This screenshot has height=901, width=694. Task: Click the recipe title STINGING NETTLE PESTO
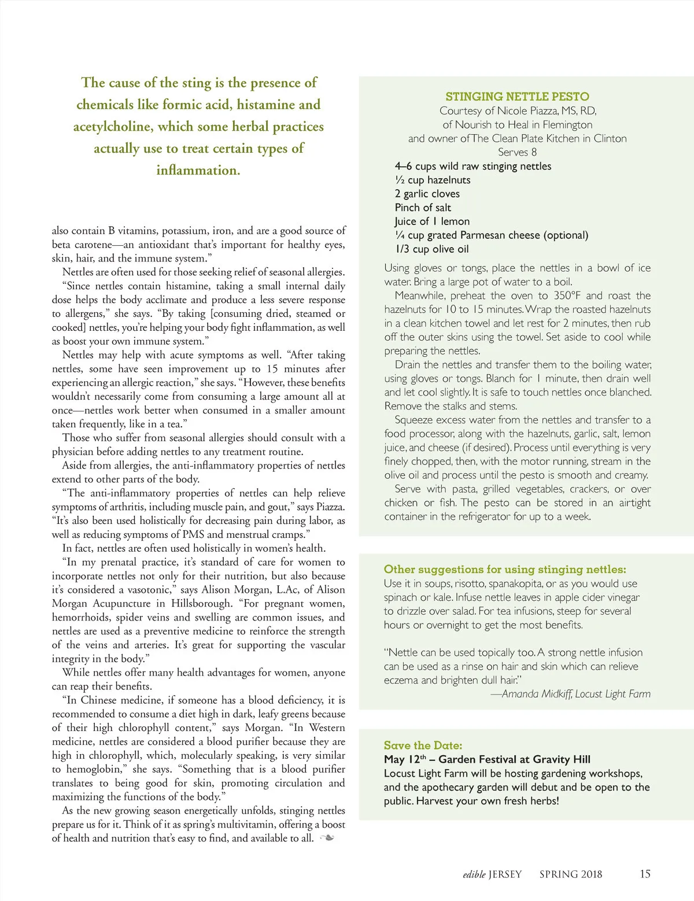(517, 97)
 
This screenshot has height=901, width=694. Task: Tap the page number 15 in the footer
(645, 874)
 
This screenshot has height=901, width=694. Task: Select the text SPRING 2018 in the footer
(570, 874)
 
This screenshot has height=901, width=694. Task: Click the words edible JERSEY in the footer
(492, 874)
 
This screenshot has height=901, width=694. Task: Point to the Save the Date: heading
(423, 745)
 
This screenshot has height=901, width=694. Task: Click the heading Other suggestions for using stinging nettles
(504, 569)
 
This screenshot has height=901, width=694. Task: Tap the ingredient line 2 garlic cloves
(427, 194)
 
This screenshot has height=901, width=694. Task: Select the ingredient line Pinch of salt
(423, 208)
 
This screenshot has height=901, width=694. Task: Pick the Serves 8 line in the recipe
(517, 152)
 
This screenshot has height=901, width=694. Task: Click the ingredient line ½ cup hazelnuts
(433, 180)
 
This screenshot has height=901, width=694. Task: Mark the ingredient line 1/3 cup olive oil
(431, 249)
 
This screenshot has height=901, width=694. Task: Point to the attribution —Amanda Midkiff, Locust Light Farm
(570, 694)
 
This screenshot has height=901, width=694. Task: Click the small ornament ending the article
(327, 838)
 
